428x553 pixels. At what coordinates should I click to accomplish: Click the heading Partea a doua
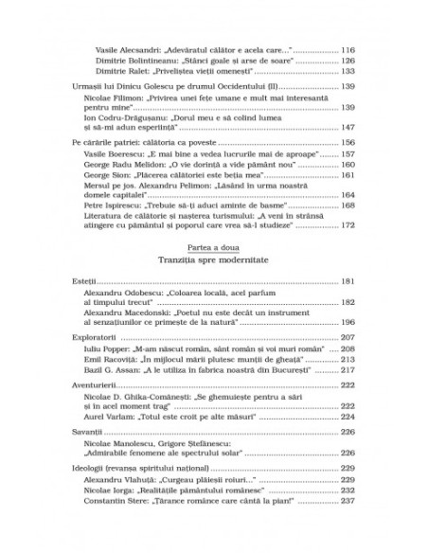(x=213, y=246)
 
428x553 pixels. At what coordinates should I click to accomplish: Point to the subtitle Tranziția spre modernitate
(x=213, y=259)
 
